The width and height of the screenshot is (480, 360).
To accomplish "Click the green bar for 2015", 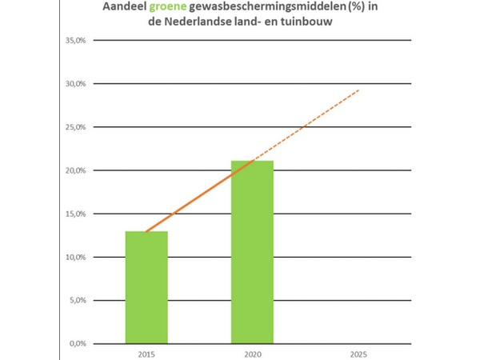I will (x=146, y=288).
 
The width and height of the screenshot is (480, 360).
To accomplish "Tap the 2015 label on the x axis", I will (x=146, y=353).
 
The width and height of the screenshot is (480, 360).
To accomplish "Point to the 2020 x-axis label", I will (x=252, y=353).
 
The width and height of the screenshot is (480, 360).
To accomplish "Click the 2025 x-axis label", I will (x=359, y=353).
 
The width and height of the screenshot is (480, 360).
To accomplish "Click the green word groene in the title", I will (x=170, y=9).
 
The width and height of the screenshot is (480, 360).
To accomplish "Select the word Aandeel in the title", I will (x=125, y=9).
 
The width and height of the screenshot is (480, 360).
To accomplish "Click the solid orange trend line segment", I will (x=200, y=196).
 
